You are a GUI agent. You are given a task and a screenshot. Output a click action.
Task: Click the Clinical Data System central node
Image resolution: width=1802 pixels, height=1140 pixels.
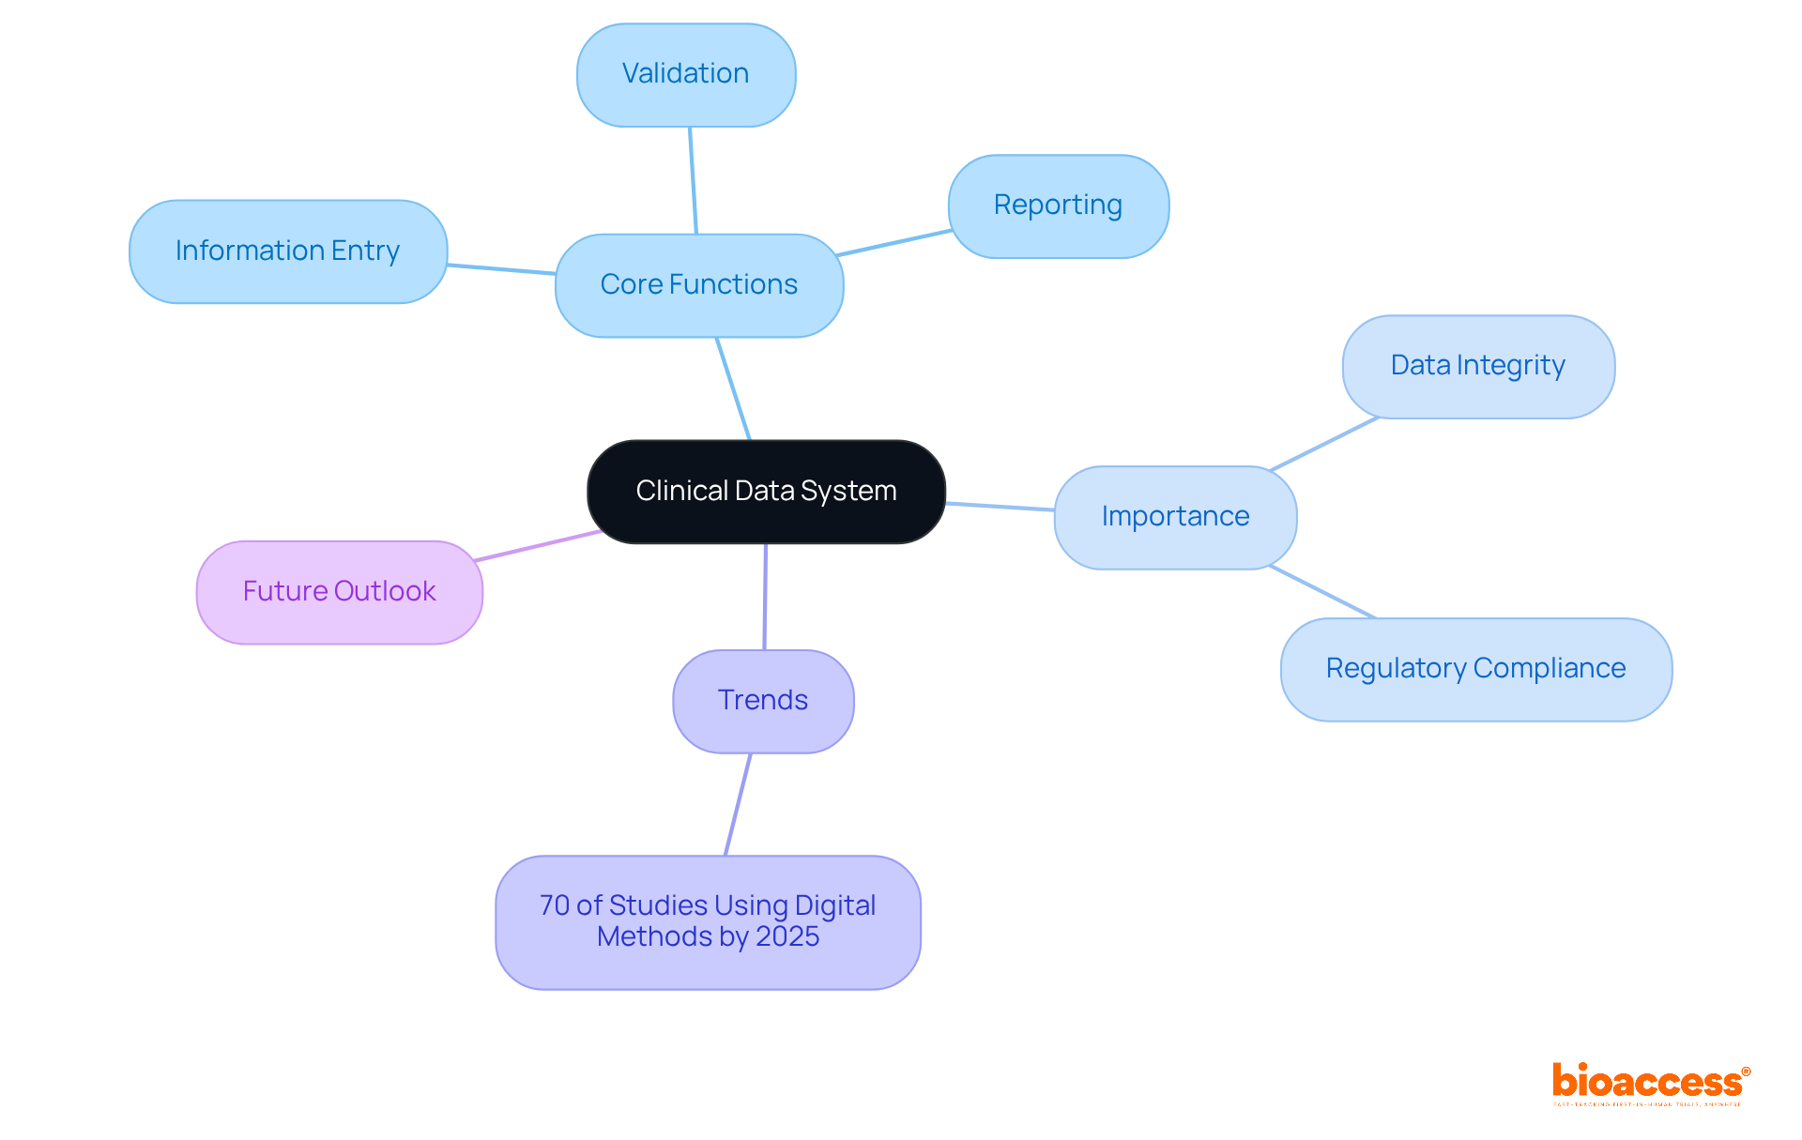point(766,492)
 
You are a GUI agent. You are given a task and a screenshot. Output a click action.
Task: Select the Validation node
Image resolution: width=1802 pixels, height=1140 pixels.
point(686,75)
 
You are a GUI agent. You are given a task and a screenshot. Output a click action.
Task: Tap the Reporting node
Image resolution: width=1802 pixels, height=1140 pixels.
point(1058,205)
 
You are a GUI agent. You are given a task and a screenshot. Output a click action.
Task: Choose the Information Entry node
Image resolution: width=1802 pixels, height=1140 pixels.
point(287,251)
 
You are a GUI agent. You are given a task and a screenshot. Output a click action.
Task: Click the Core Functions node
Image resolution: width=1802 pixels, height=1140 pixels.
point(699,285)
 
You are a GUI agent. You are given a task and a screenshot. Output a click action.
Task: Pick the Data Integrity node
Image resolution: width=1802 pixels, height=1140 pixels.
point(1477,366)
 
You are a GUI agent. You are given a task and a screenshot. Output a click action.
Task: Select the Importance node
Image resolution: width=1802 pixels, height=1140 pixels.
point(1175,517)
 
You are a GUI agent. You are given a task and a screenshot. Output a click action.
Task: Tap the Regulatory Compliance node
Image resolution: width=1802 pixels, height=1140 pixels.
point(1475,669)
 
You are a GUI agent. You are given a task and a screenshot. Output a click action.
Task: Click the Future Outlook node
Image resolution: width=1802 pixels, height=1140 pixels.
point(339,592)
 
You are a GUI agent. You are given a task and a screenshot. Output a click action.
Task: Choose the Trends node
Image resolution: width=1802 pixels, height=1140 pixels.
point(763,701)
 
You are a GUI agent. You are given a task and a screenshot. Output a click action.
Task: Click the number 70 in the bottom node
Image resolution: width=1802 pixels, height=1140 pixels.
point(554,905)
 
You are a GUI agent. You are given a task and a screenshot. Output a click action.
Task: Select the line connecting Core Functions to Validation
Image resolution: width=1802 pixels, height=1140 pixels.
point(693,180)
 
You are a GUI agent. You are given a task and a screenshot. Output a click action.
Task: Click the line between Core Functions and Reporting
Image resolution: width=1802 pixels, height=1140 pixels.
point(894,242)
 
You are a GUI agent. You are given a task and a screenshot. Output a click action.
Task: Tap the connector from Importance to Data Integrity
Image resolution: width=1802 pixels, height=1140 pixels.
point(1324,443)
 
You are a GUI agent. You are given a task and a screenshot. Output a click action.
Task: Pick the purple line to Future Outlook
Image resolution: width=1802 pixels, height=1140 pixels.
point(538,546)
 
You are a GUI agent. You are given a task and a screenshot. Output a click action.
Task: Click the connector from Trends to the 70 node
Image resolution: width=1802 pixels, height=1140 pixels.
point(738,804)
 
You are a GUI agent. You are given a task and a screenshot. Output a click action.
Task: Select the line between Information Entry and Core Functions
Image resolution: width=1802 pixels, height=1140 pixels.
point(501,269)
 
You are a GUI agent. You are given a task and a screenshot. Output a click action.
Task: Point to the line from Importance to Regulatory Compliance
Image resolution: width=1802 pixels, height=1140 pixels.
point(1322,592)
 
